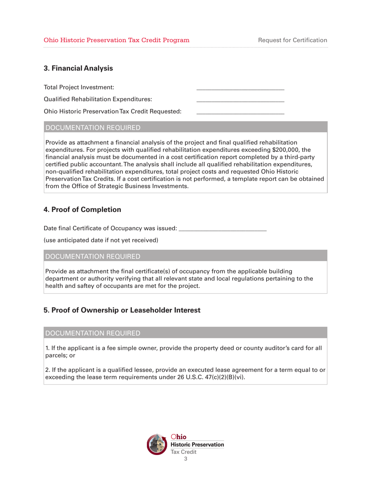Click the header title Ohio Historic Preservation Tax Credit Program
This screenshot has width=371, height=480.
(x=117, y=40)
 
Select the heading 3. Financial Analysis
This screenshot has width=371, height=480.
(x=78, y=68)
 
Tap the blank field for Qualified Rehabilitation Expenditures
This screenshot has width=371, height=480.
(x=240, y=100)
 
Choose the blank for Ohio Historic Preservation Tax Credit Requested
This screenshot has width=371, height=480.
(x=240, y=112)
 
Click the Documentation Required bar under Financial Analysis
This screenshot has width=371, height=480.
(x=185, y=127)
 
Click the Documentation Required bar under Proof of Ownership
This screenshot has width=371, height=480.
(x=185, y=333)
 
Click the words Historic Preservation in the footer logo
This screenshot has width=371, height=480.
(x=198, y=444)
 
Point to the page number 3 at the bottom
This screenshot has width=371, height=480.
(x=185, y=459)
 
